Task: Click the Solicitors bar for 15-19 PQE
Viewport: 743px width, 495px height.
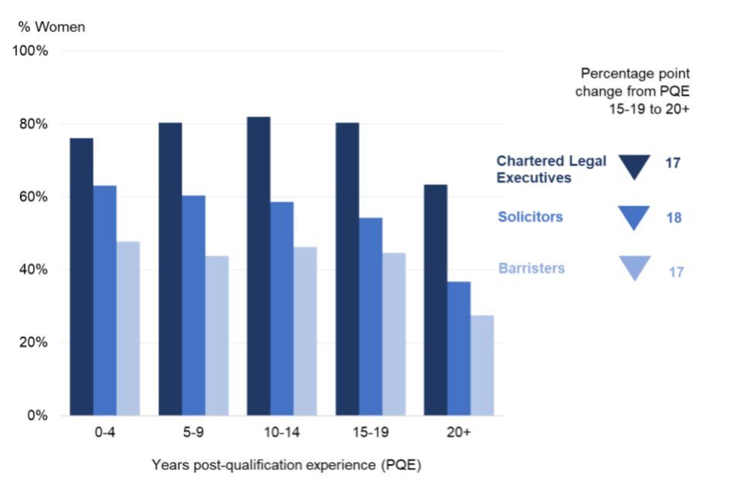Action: [x=371, y=316]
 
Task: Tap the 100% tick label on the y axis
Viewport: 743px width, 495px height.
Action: [x=30, y=52]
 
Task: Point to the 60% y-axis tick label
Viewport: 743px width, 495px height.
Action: [x=33, y=197]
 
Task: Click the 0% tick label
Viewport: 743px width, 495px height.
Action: [x=37, y=415]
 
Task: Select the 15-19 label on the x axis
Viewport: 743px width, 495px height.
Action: [x=371, y=434]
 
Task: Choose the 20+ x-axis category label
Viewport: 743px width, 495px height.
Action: [x=459, y=434]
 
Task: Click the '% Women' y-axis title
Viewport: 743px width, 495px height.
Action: [x=52, y=27]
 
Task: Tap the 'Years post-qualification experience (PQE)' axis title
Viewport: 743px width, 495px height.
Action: [x=287, y=466]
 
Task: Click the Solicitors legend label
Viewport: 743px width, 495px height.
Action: [x=529, y=217]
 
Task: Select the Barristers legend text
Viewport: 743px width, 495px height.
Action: [x=531, y=268]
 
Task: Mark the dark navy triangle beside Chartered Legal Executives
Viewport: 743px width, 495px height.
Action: [x=634, y=166]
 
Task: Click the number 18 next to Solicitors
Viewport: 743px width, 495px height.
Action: [x=673, y=218]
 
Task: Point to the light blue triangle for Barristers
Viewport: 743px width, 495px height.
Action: [x=634, y=267]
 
